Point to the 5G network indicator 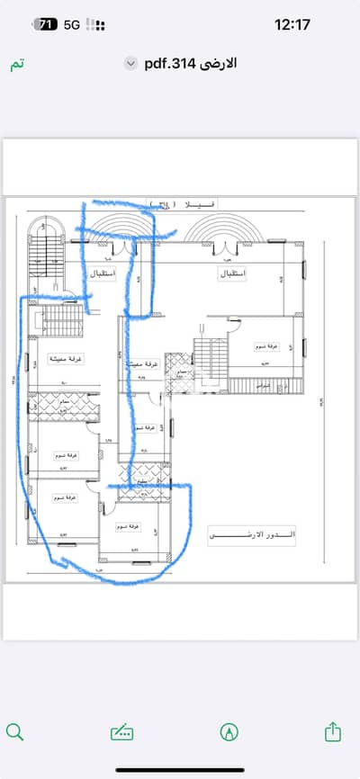click(x=72, y=26)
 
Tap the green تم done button click(x=16, y=67)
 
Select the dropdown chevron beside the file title click(x=131, y=64)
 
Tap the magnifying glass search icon click(x=15, y=731)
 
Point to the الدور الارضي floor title click(x=252, y=535)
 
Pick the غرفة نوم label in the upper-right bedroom click(x=265, y=345)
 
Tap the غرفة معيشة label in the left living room click(x=65, y=358)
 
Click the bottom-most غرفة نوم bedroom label click(x=132, y=524)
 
